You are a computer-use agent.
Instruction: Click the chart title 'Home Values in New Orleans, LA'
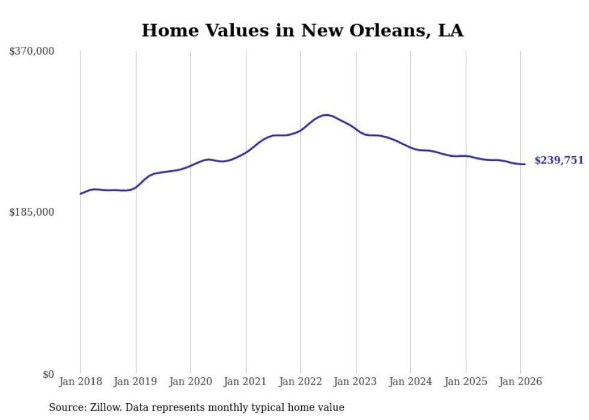[302, 31]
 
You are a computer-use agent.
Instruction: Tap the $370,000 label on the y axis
[32, 52]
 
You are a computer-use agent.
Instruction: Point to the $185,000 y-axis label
[32, 212]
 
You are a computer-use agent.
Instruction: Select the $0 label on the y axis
[48, 374]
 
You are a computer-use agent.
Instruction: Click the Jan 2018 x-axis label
[81, 382]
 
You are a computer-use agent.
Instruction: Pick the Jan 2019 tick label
[136, 382]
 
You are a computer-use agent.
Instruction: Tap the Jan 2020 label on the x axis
[191, 382]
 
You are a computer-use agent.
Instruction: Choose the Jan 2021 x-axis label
[246, 382]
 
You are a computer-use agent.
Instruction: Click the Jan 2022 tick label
[301, 382]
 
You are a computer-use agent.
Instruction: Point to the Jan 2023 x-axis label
[356, 382]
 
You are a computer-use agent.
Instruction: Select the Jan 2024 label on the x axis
[410, 382]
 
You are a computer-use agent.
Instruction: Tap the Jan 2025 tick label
[466, 382]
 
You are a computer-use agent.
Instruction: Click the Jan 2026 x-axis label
[520, 382]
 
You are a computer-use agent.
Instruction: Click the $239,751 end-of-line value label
[558, 160]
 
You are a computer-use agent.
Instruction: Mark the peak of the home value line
[326, 115]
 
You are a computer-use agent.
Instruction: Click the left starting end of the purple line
[81, 193]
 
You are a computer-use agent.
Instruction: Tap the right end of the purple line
[525, 164]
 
